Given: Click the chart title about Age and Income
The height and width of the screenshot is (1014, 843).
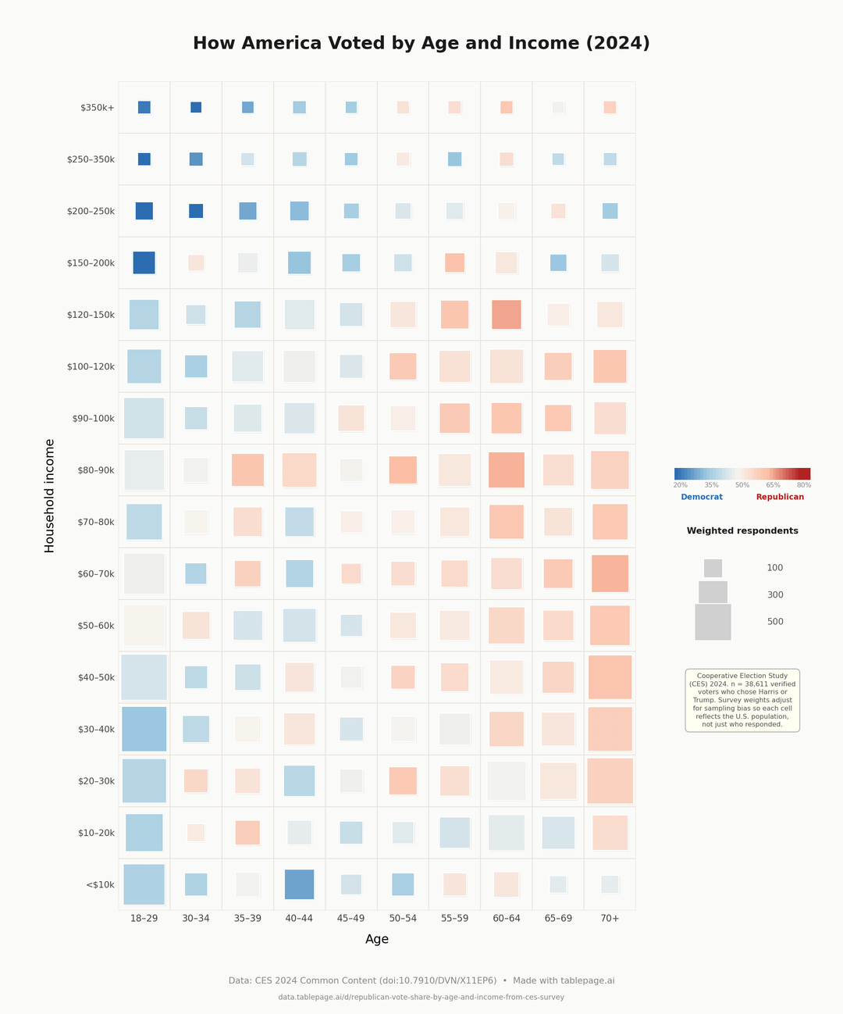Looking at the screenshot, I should tap(421, 44).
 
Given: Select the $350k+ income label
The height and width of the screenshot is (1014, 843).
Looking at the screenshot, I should tap(98, 108).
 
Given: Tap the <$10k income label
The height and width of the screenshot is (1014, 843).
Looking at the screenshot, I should tap(100, 885).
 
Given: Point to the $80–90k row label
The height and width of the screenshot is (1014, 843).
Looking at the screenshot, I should tap(94, 470).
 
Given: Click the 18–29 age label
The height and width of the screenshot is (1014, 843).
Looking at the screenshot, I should tap(144, 919).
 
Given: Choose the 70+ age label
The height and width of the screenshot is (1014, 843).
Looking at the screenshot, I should tap(610, 919).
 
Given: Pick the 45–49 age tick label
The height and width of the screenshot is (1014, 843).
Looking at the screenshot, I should tap(351, 919).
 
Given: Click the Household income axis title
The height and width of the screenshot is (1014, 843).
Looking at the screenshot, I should tap(50, 496).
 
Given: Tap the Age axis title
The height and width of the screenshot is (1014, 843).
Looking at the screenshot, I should tap(377, 940).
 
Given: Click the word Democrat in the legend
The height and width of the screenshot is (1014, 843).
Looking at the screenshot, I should tap(702, 497).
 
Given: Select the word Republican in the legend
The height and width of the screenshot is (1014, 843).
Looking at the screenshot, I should tap(780, 497).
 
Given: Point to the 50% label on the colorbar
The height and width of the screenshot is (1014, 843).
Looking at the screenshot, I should tap(742, 485).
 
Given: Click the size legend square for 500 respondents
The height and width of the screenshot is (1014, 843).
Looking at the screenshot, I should tap(713, 622).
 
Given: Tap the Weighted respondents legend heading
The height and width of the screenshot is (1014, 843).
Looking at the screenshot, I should tap(742, 531).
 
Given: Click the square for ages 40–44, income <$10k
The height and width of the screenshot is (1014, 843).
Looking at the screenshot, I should tap(299, 884).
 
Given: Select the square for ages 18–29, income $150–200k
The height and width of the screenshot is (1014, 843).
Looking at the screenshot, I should tap(144, 262).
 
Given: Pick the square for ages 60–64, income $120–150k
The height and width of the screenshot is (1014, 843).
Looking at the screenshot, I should tap(507, 315).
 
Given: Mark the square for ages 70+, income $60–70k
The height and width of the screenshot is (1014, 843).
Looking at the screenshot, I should tap(610, 573).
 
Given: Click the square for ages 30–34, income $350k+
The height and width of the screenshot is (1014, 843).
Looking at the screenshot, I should tap(196, 108).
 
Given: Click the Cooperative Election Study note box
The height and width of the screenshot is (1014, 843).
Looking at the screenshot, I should tap(742, 700).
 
